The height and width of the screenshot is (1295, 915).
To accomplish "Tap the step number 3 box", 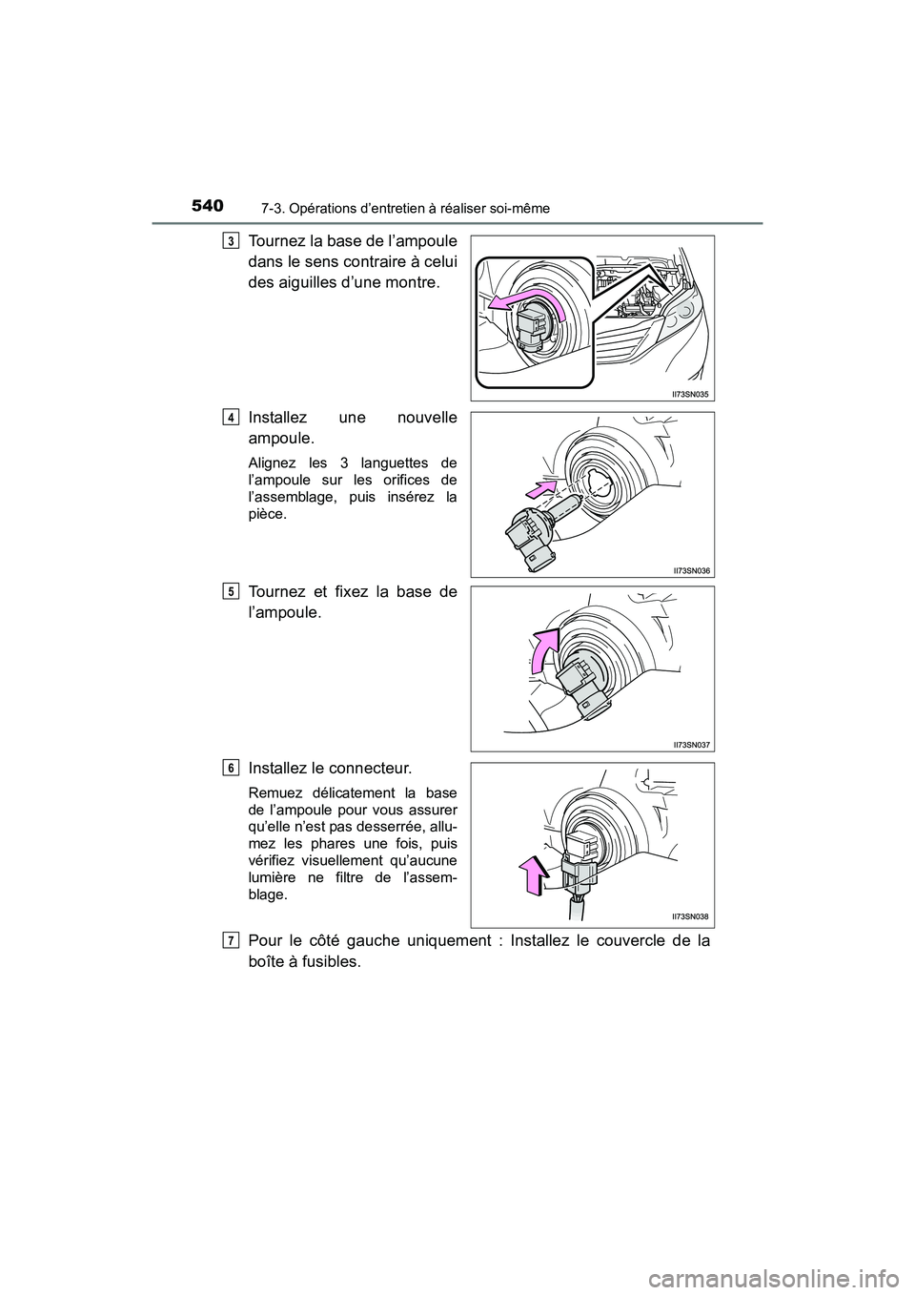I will click(x=233, y=240).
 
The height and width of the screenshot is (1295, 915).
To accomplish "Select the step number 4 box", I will click(x=233, y=416).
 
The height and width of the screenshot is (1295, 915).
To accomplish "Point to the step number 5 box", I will click(x=233, y=591).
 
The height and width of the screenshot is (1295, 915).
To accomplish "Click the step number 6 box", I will click(x=233, y=767).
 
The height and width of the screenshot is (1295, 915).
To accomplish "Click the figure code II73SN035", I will click(x=686, y=393).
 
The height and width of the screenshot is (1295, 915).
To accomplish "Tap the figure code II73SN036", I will click(x=686, y=568).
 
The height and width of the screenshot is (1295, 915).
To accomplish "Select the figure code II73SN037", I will click(x=686, y=743).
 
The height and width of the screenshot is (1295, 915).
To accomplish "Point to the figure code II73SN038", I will click(x=686, y=916).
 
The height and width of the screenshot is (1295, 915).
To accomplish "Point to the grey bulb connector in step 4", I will click(x=529, y=539).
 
